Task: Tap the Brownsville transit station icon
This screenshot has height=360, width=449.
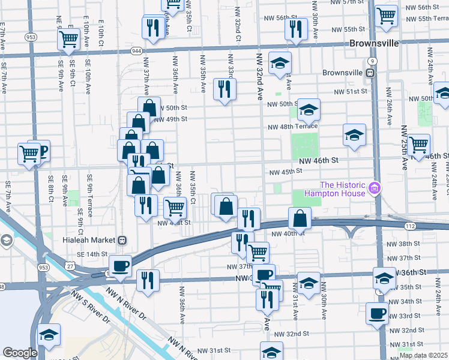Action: (371, 73)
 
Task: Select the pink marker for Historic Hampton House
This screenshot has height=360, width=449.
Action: (376, 188)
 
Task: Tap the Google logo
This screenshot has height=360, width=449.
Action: (20, 353)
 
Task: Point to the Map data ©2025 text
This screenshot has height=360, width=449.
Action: (424, 355)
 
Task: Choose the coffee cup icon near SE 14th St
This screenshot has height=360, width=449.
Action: (119, 266)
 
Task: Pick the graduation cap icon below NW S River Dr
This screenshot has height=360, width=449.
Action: (49, 335)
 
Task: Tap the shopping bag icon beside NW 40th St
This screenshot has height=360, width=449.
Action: (300, 218)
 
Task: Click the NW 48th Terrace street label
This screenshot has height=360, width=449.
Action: (292, 127)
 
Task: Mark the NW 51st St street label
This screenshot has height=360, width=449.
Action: (350, 91)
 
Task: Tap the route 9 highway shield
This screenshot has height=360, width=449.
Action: (373, 61)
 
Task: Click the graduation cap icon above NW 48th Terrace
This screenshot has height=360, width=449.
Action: (309, 110)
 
